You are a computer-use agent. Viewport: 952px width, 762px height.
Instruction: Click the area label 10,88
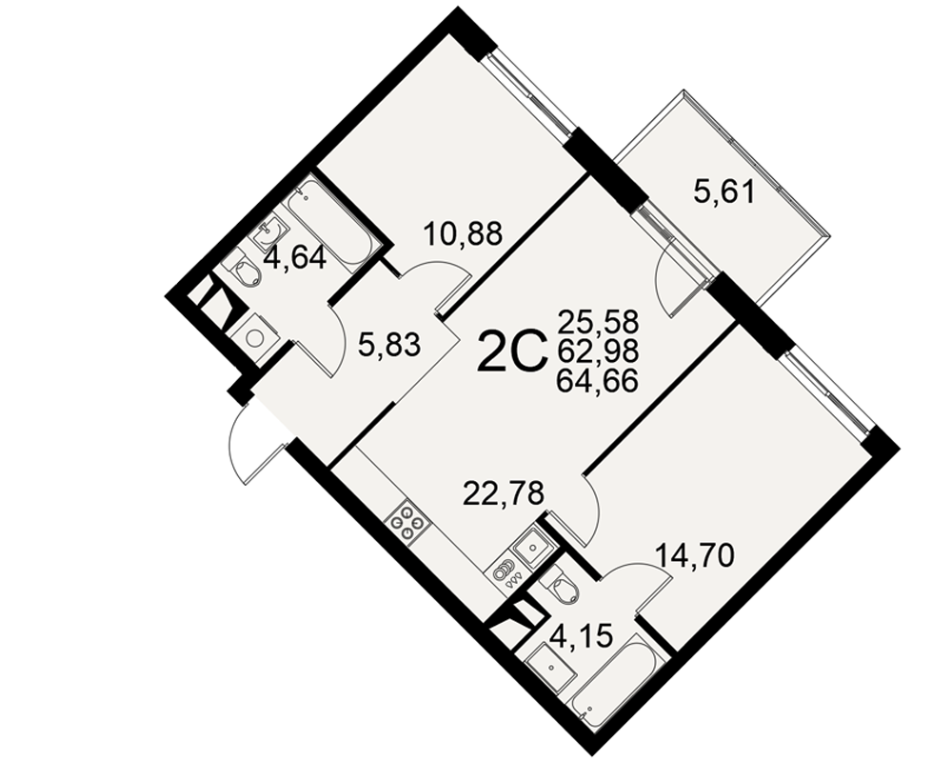pos(464,233)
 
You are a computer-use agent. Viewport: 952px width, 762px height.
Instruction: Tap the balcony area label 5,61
pos(724,192)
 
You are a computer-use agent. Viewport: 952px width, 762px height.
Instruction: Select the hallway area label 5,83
pos(389,346)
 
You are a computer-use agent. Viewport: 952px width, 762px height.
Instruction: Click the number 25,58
pos(598,320)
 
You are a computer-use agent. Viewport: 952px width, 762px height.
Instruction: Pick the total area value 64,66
pos(598,380)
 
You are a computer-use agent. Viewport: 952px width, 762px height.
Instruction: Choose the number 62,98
pos(598,350)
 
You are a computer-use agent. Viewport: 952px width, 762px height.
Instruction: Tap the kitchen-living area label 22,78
pos(503,492)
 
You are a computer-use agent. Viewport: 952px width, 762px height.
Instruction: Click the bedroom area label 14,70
pos(695,554)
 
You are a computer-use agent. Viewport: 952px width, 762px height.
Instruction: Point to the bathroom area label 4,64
pos(295,258)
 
